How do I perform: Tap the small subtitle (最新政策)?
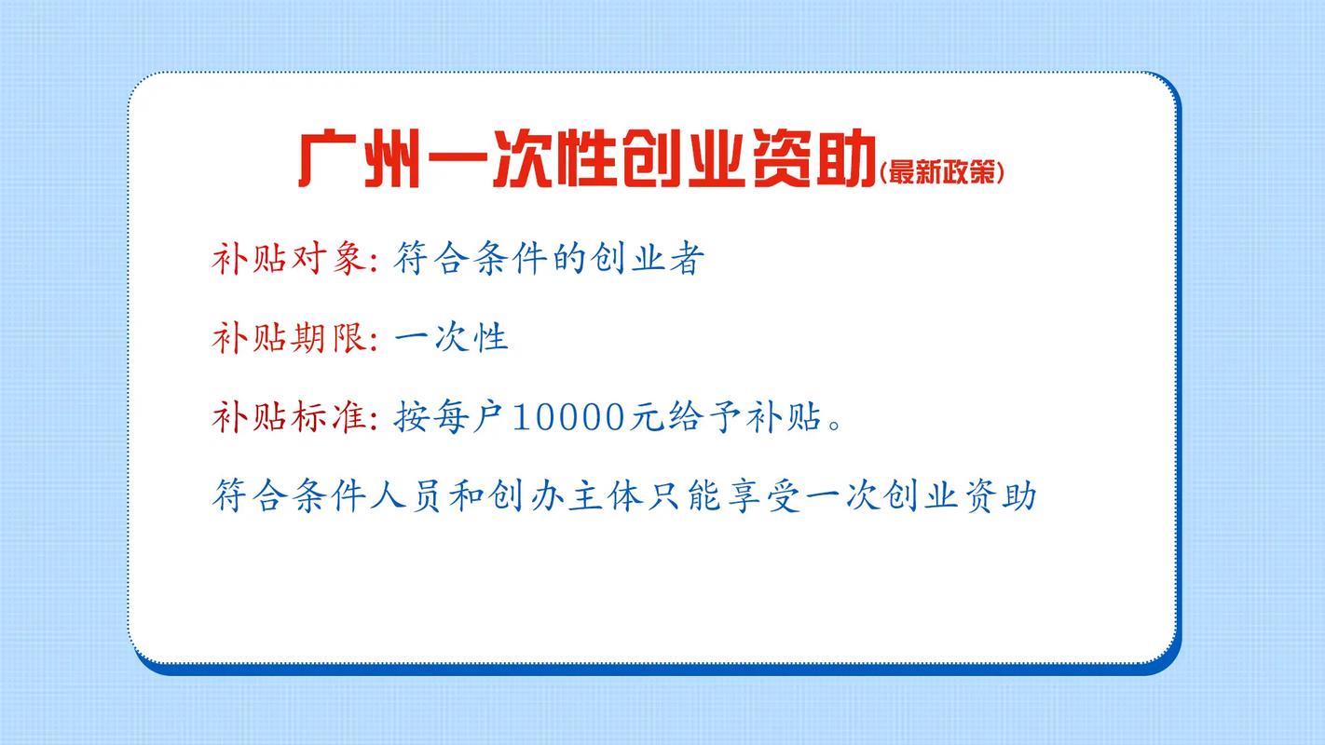(x=941, y=171)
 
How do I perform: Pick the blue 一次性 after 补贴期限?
(x=451, y=337)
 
